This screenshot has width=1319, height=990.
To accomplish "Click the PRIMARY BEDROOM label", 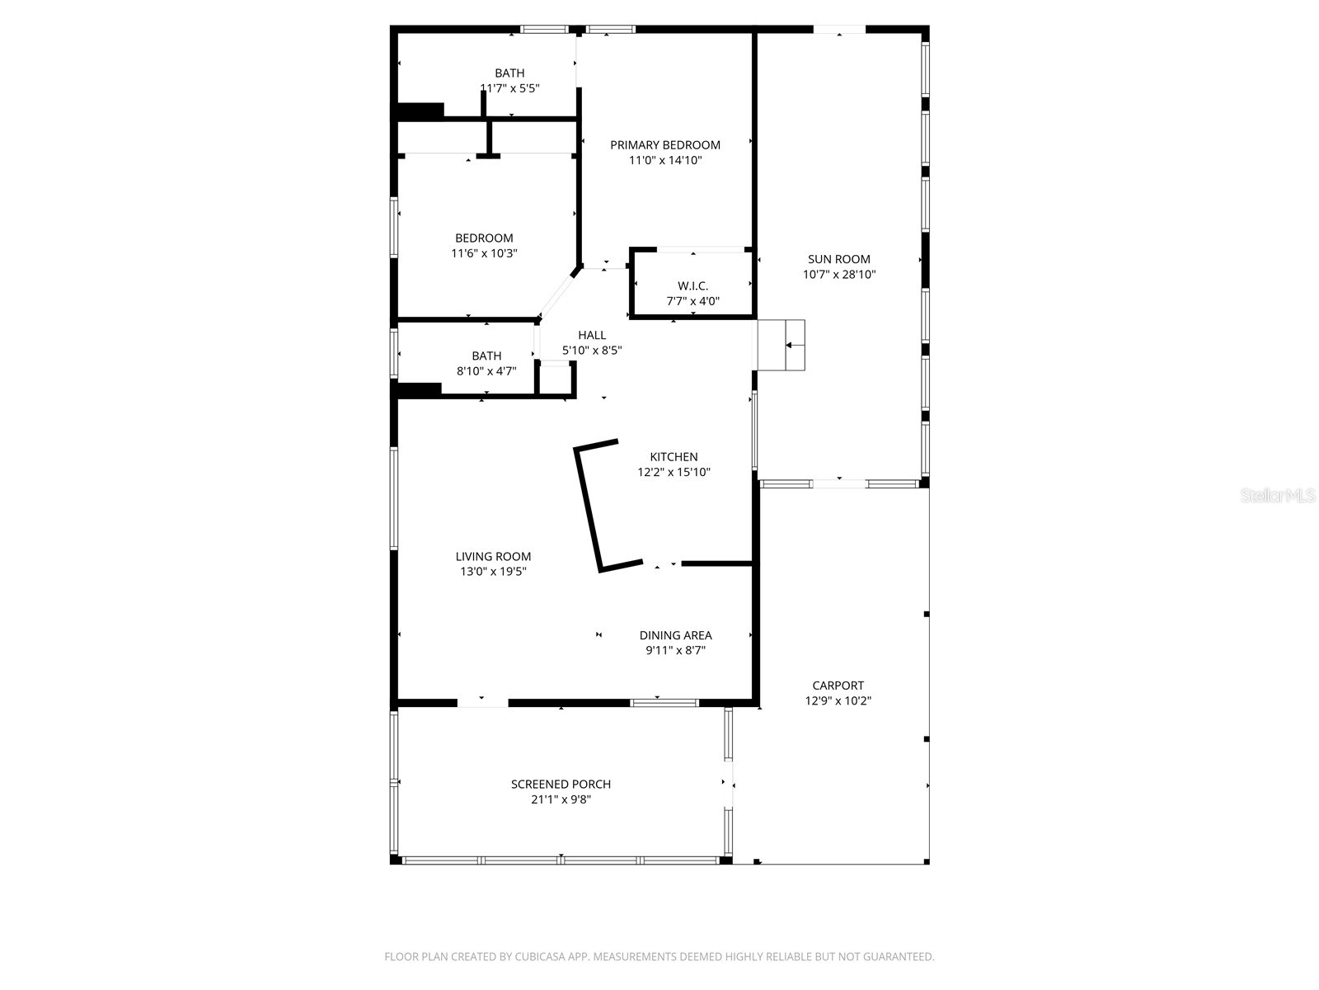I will (664, 145).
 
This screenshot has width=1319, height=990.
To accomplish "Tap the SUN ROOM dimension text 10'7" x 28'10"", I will (839, 275).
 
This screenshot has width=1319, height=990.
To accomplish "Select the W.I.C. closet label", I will (692, 285).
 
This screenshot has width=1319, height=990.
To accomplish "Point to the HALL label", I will (592, 335).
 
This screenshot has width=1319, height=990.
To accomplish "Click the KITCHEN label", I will (674, 457).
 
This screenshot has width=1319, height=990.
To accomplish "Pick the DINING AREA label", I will (675, 635).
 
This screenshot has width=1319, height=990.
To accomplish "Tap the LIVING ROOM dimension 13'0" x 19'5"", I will (493, 571).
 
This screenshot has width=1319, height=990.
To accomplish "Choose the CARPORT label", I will (838, 686).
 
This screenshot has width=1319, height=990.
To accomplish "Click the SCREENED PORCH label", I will (561, 785).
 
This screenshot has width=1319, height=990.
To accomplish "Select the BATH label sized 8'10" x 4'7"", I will (486, 356).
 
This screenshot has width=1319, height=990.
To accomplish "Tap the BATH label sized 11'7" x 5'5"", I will (509, 73).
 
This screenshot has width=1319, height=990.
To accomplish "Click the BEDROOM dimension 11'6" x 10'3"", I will (484, 253).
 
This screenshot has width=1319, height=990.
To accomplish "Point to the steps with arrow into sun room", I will (782, 345).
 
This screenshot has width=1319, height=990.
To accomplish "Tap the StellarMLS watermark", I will (1278, 496).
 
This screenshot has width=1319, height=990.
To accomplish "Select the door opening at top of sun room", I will (839, 30).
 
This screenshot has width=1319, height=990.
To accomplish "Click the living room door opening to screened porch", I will (482, 702).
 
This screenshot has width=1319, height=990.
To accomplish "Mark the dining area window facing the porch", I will (664, 703).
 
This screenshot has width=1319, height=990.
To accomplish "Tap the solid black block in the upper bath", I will (420, 110).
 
